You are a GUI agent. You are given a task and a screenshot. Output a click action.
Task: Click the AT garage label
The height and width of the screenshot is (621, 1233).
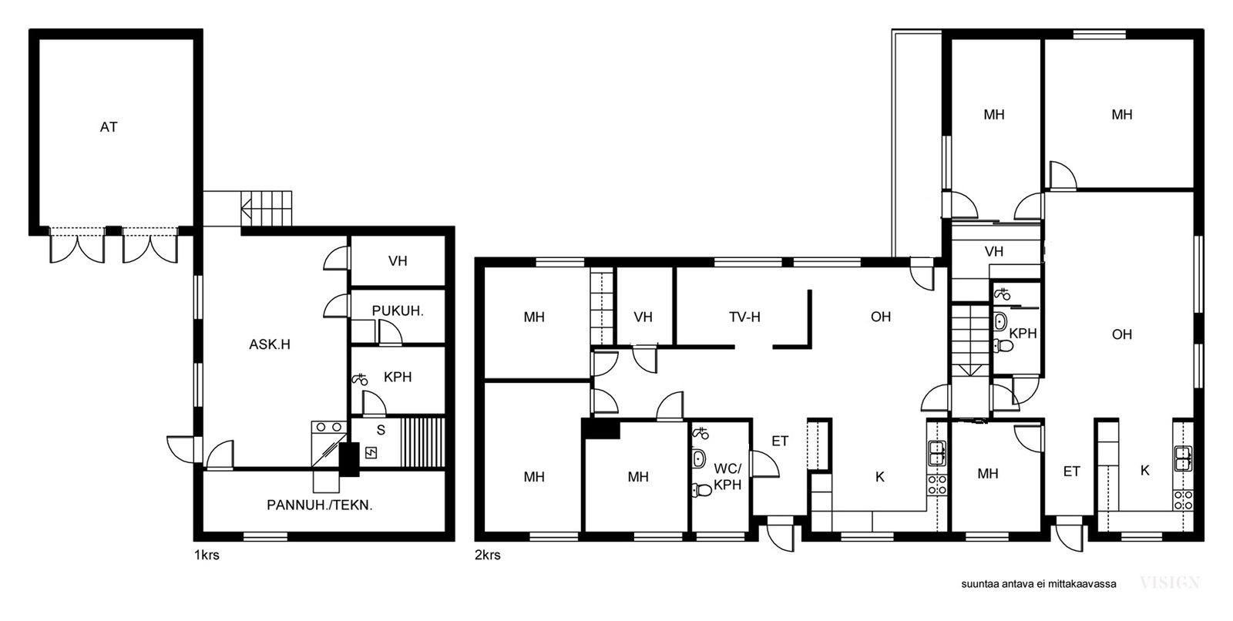109,127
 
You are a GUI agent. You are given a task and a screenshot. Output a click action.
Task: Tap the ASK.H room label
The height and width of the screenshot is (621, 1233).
270,344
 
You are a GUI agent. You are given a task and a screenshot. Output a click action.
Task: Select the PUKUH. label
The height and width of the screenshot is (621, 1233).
398,311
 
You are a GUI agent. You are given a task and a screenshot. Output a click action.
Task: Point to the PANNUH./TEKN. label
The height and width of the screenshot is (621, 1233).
320,505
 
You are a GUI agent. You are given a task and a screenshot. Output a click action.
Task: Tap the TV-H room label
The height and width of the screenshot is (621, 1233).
744,317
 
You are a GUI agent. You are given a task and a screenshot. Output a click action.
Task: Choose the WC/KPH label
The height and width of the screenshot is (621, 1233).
727,477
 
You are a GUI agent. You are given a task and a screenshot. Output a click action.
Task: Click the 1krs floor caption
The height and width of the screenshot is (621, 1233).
207,555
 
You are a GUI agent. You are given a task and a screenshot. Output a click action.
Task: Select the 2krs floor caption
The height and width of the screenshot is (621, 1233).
488,555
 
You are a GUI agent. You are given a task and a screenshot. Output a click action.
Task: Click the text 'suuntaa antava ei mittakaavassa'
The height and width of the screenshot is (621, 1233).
1039,584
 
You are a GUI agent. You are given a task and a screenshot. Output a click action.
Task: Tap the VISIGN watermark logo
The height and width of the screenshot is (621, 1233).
1170,582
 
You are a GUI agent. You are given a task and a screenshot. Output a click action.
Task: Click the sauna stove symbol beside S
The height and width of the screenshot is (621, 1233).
371,453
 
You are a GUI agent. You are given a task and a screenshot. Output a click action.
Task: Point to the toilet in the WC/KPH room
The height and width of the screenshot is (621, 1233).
702,489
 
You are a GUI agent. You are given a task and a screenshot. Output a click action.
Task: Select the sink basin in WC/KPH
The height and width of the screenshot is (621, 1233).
699,458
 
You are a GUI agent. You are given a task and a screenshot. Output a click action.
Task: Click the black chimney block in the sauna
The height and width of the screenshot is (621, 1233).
348,459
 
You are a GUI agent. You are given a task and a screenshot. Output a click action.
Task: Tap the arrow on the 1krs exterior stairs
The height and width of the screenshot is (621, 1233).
246,209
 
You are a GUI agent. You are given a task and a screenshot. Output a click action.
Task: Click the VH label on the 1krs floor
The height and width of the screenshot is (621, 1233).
398,261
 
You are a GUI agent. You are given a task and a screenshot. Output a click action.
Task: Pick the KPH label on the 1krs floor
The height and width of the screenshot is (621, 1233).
398,377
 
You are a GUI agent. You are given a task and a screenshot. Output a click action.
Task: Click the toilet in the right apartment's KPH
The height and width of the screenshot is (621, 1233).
1003,346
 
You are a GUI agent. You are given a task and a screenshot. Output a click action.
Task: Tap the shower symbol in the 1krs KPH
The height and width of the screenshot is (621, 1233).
359,379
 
